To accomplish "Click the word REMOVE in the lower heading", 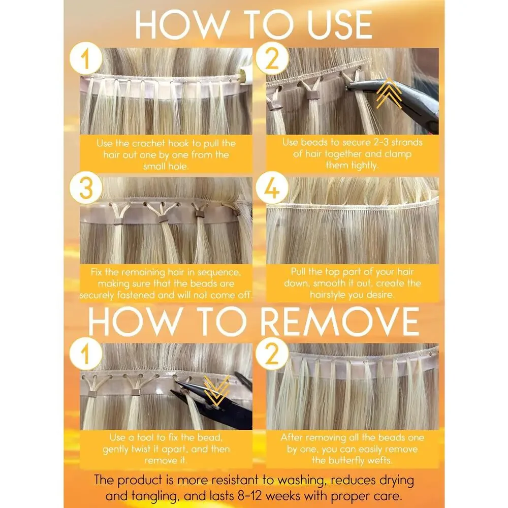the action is coord(339,322).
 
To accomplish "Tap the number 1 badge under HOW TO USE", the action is coord(86,58).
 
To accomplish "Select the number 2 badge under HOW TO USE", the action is coord(272,58).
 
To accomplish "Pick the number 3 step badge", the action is coord(86,188).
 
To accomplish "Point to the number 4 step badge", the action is coord(272,188).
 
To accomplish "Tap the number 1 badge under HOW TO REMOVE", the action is coord(86,354).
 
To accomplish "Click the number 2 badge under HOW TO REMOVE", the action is coord(272,354).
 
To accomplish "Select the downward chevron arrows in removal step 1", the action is coord(216,391).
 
